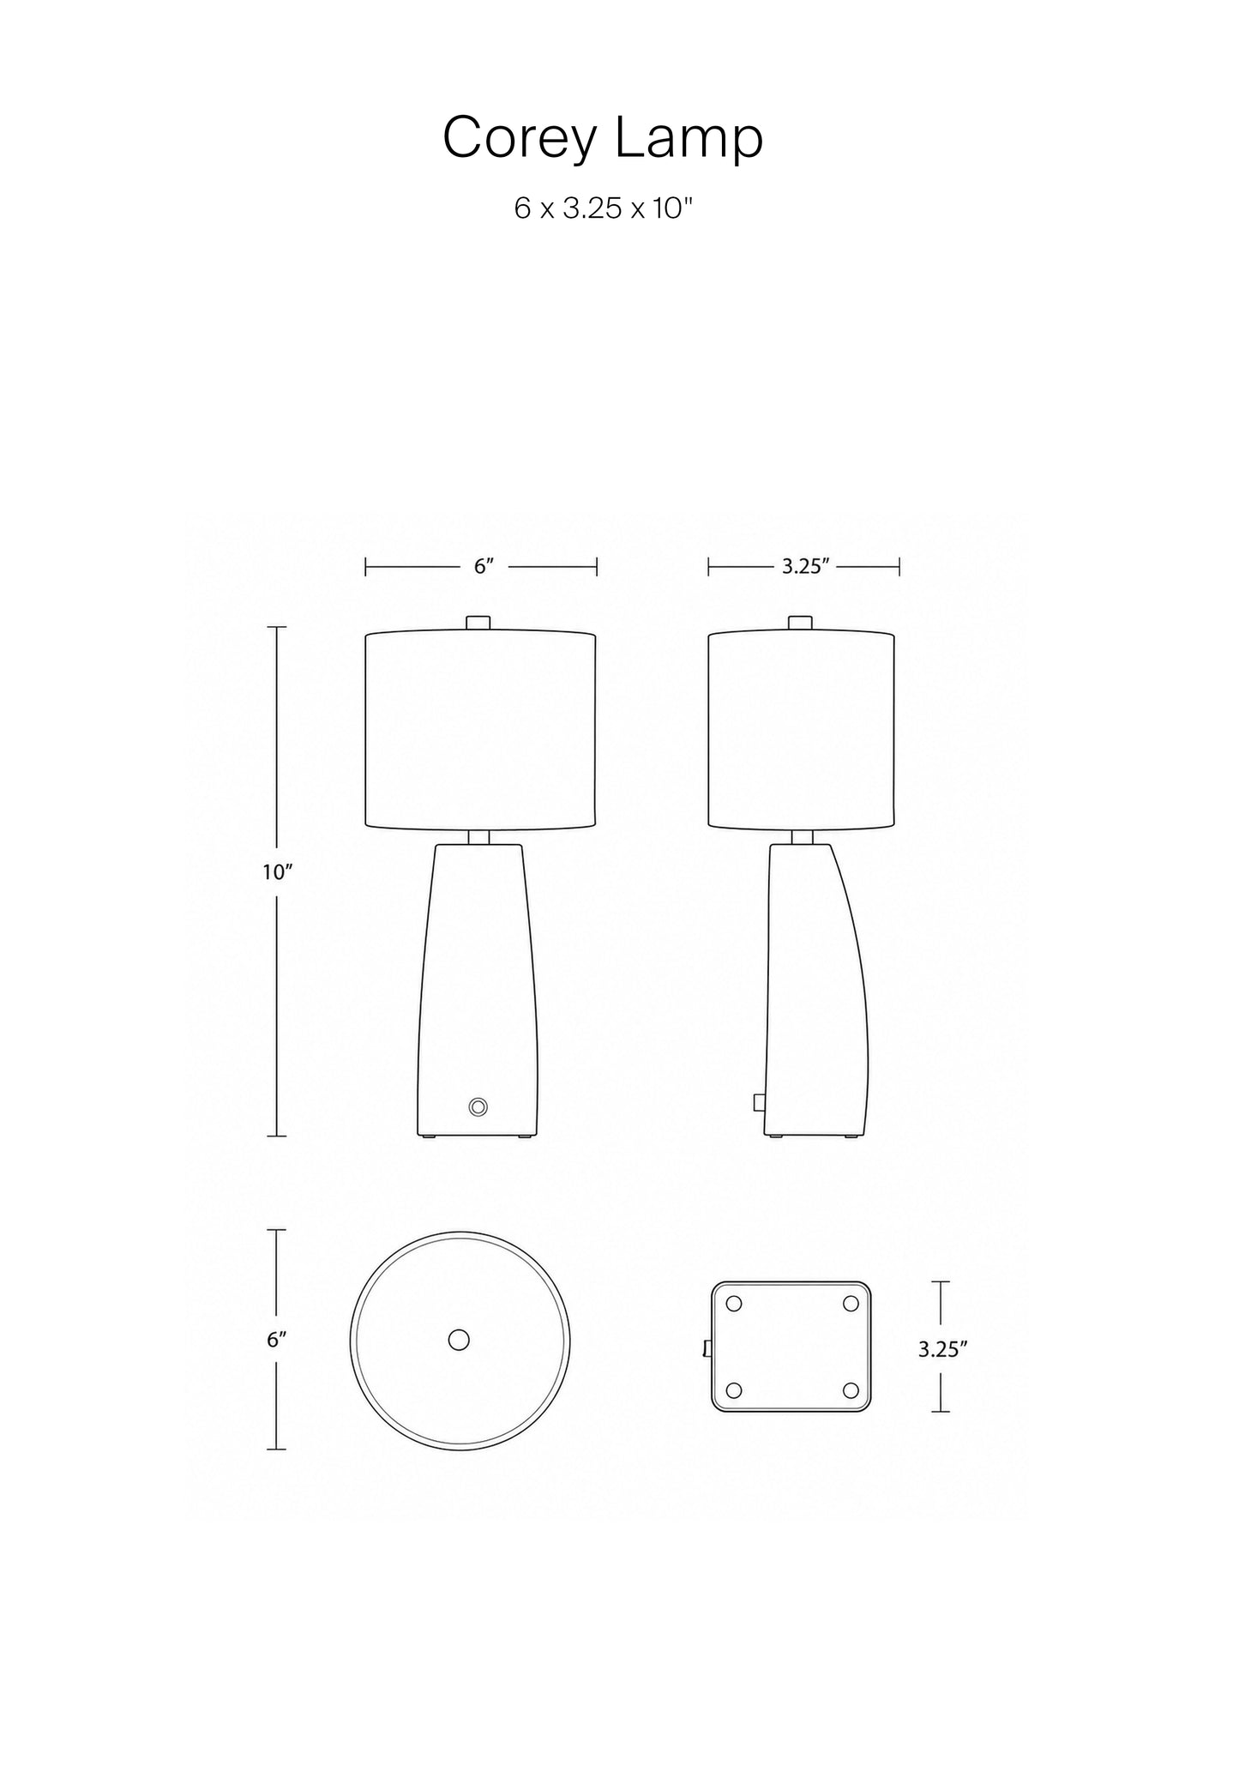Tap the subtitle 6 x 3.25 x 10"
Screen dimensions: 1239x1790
(x=603, y=208)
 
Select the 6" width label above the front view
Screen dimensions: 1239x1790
(x=484, y=567)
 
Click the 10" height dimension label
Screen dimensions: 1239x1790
(x=278, y=872)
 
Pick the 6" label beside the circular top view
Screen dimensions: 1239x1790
(x=275, y=1340)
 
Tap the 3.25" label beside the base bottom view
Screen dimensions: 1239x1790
(x=942, y=1349)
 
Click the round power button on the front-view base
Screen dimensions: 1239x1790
(x=478, y=1106)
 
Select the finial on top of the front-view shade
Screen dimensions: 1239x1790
(x=478, y=624)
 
